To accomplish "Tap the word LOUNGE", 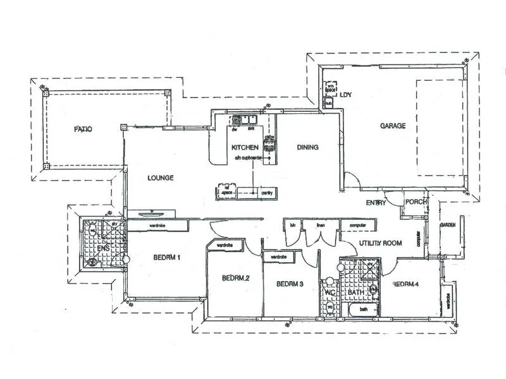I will pyautogui.click(x=161, y=178).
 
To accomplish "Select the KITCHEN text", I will pyautogui.click(x=246, y=148).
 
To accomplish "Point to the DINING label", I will pyautogui.click(x=307, y=147).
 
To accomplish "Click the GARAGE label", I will pyautogui.click(x=392, y=126).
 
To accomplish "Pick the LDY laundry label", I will pyautogui.click(x=345, y=95).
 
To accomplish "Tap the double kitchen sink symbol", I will pyautogui.click(x=244, y=119).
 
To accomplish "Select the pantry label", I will pyautogui.click(x=266, y=193).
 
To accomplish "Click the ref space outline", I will pyautogui.click(x=225, y=189).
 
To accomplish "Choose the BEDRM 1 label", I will pyautogui.click(x=167, y=257).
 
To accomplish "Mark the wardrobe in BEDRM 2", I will pyautogui.click(x=225, y=245).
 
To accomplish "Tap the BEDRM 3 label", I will pyautogui.click(x=290, y=284).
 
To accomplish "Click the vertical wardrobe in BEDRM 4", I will pyautogui.click(x=448, y=301).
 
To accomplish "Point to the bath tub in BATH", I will pyautogui.click(x=364, y=310).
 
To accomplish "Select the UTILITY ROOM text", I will pyautogui.click(x=381, y=243).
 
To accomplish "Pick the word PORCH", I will pyautogui.click(x=416, y=202).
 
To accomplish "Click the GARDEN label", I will pyautogui.click(x=448, y=225).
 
